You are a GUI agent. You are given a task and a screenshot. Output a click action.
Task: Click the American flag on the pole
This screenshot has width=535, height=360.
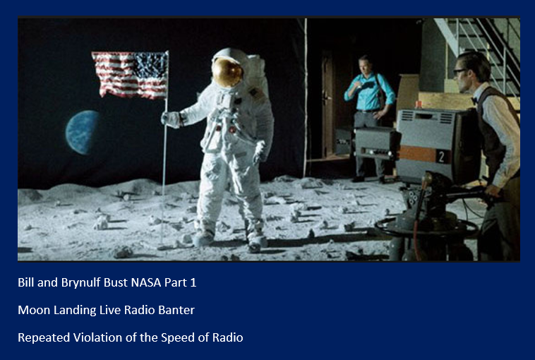pyautogui.click(x=130, y=75)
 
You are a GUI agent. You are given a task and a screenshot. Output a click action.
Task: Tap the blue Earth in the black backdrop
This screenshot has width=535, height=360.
pyautogui.click(x=83, y=132)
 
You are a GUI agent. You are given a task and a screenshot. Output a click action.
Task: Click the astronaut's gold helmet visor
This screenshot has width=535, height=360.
pyautogui.click(x=227, y=72)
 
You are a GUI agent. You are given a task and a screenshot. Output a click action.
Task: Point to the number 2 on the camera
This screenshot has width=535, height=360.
pyautogui.click(x=442, y=157)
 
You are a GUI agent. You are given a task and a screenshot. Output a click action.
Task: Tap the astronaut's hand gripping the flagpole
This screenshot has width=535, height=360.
pyautogui.click(x=170, y=119)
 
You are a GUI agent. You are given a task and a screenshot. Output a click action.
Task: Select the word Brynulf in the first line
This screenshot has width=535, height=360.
pyautogui.click(x=81, y=283)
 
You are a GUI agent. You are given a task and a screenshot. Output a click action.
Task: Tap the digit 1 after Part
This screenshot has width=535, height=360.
pyautogui.click(x=193, y=282)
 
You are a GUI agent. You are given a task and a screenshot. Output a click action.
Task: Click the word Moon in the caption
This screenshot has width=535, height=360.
pyautogui.click(x=31, y=310)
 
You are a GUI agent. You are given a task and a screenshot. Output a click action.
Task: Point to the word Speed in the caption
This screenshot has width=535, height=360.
pyautogui.click(x=174, y=338)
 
